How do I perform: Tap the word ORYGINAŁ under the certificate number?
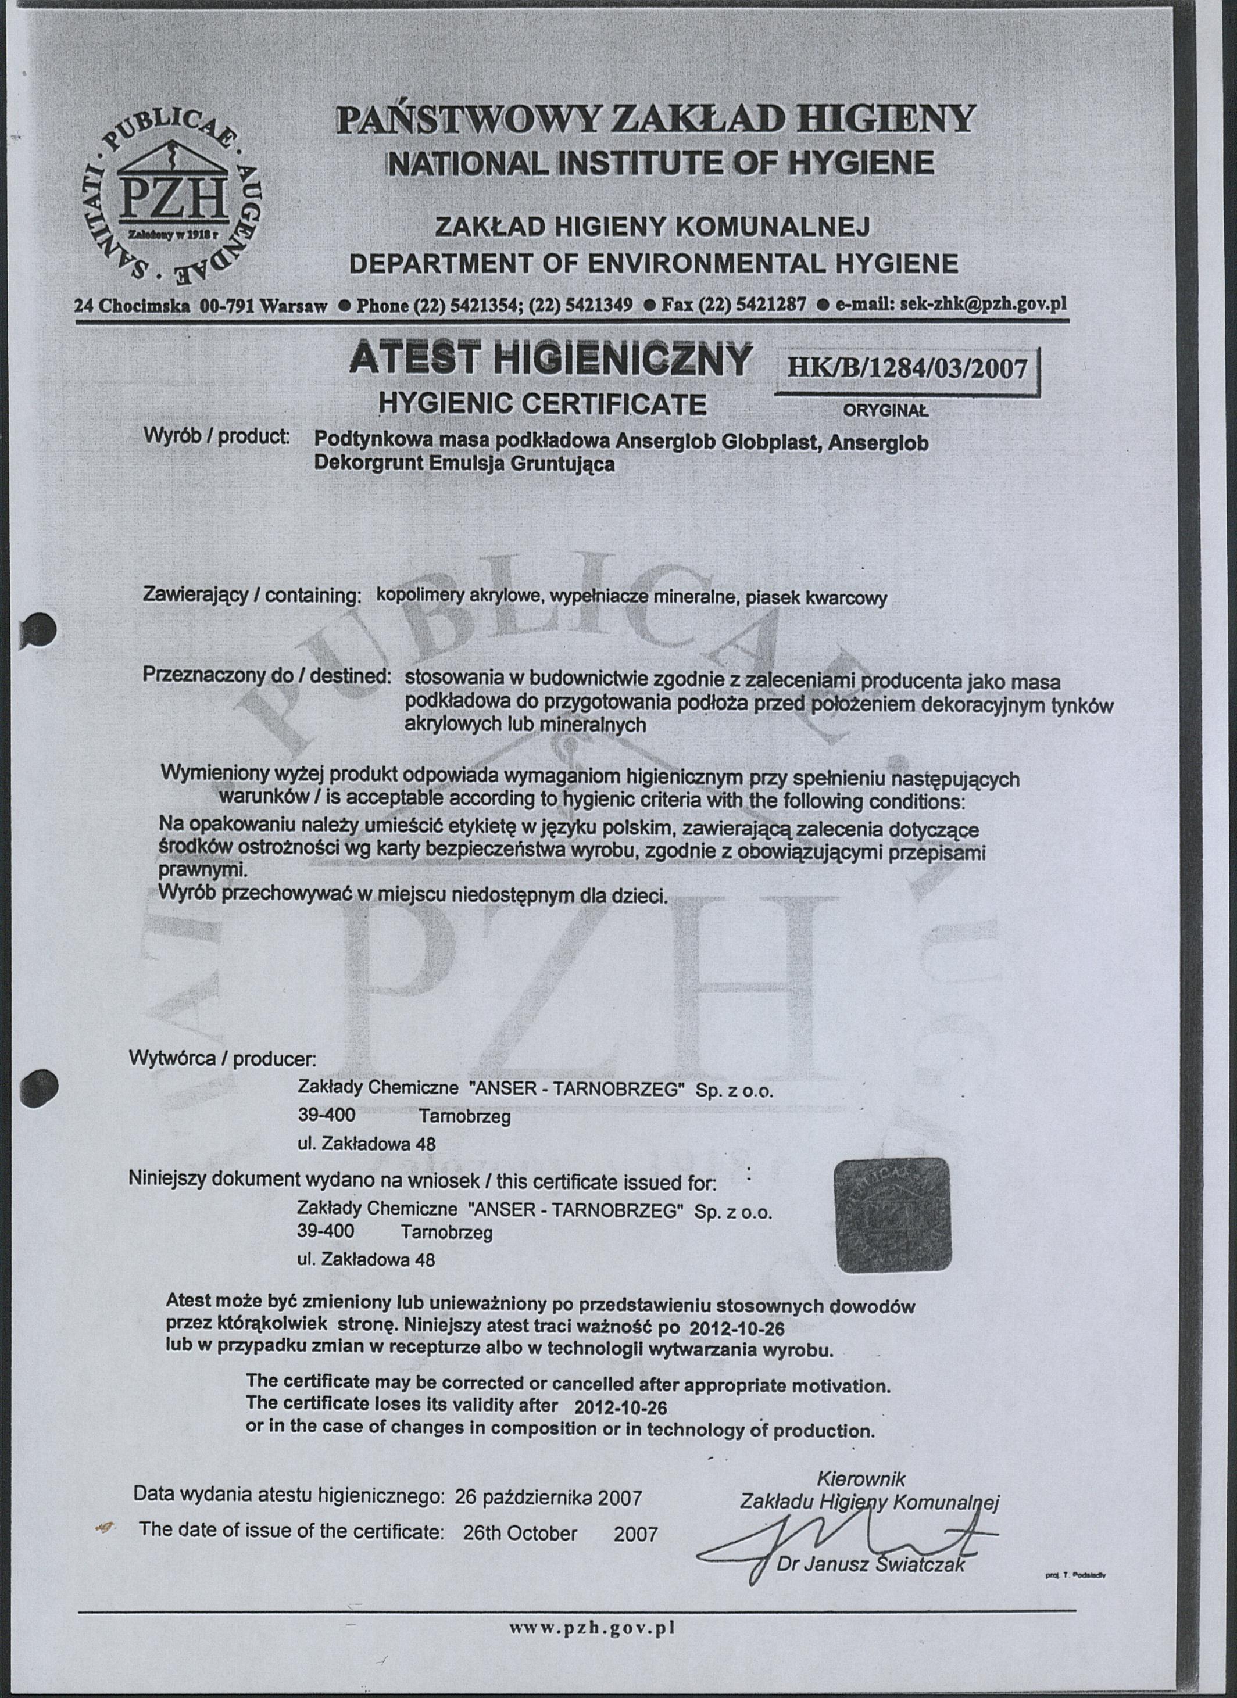tap(886, 410)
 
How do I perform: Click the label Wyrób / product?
tap(216, 436)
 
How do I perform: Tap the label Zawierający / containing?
tap(252, 596)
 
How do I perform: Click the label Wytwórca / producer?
tap(223, 1059)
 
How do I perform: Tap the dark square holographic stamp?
tap(892, 1216)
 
